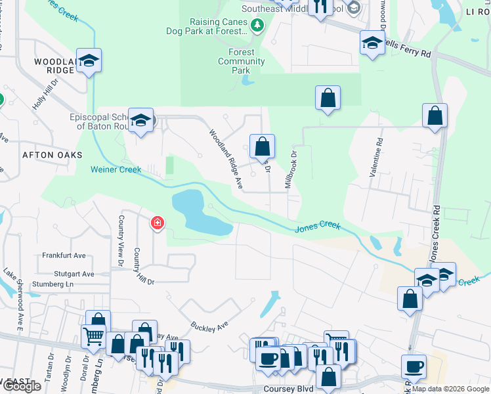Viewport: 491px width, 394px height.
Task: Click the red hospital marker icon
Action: [x=157, y=224]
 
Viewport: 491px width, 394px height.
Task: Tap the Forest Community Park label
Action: [x=242, y=61]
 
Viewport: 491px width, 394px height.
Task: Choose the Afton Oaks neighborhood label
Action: [x=53, y=155]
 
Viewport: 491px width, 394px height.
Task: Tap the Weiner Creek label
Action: [x=116, y=169]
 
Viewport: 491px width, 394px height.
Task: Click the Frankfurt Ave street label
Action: [x=64, y=255]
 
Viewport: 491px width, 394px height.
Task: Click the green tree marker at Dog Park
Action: [x=257, y=26]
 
